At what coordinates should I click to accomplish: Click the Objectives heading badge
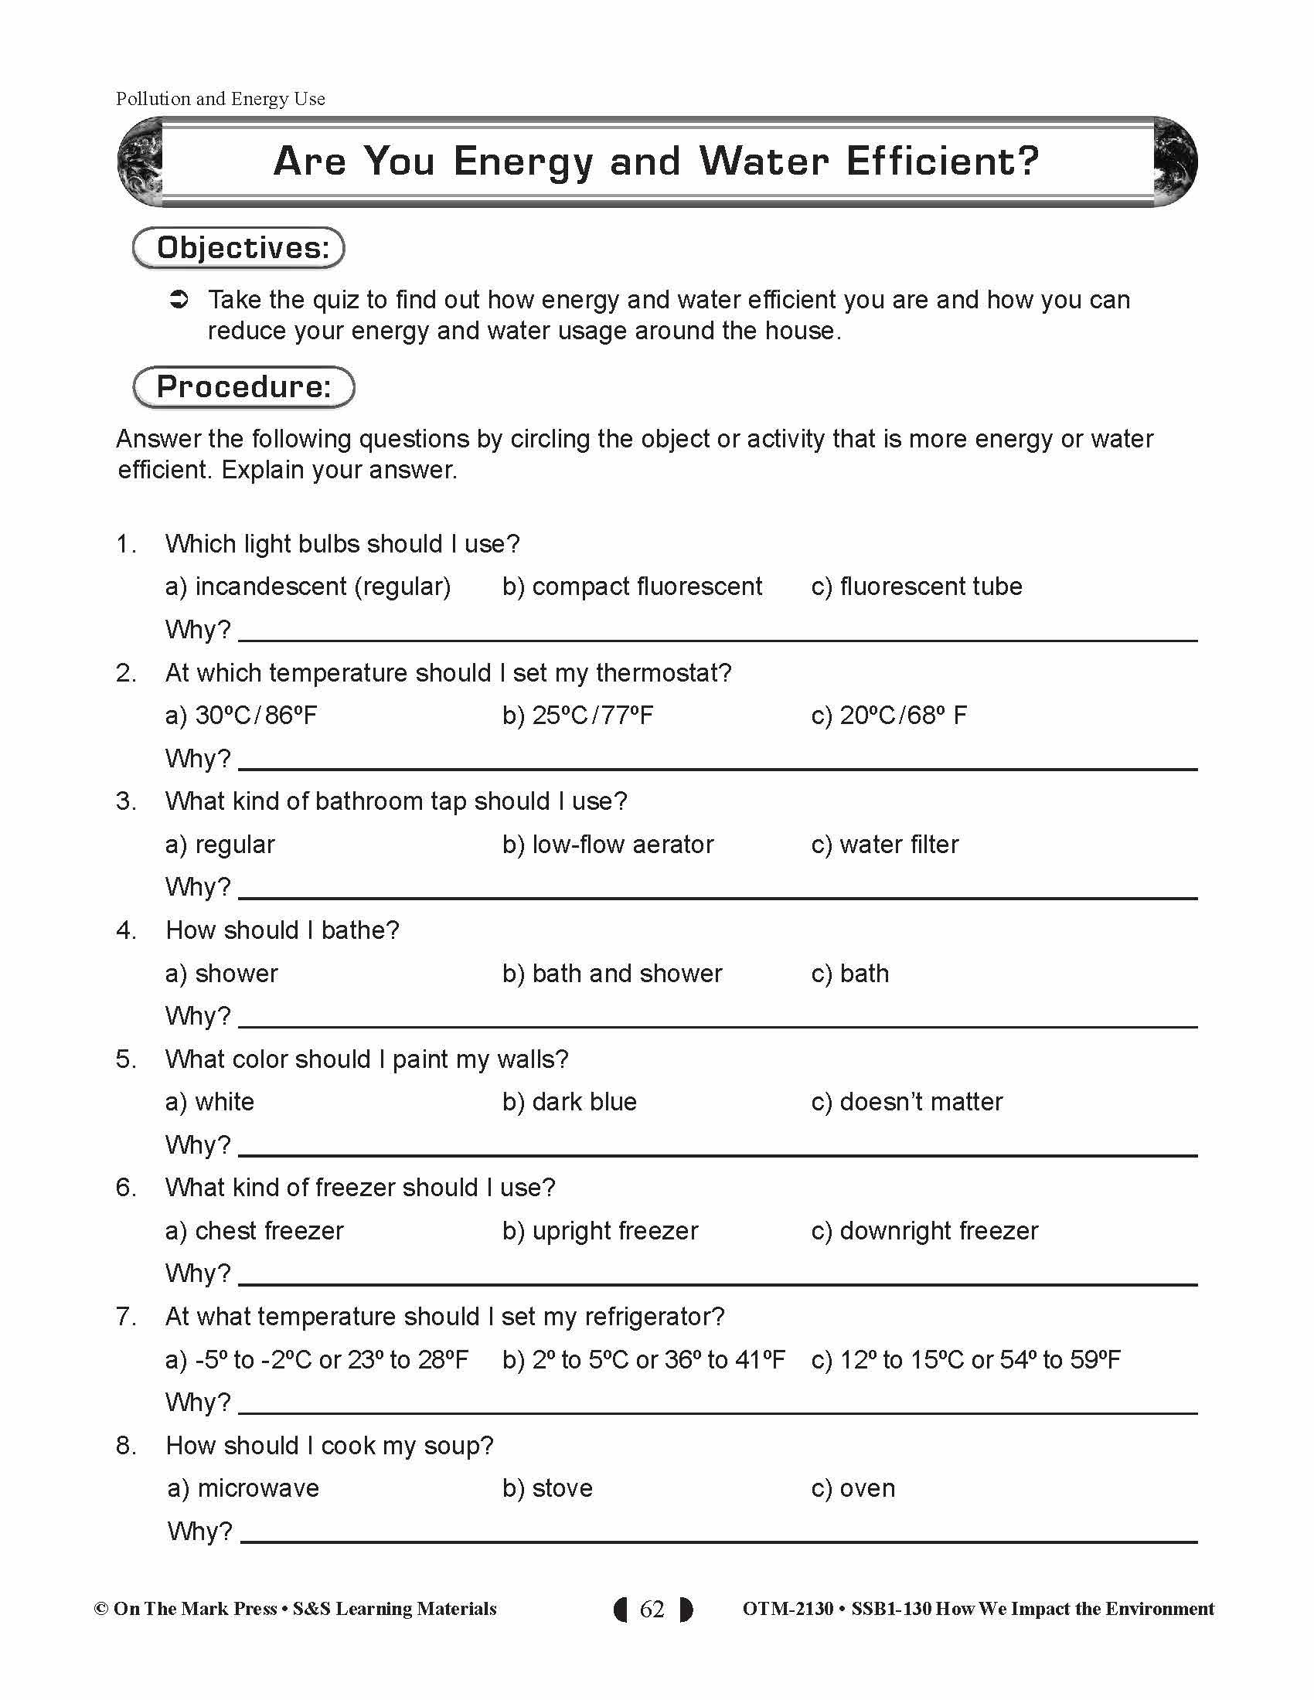(238, 247)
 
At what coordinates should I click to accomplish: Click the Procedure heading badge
(243, 387)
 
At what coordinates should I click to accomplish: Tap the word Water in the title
(764, 162)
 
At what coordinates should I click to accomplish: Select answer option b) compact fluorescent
(632, 586)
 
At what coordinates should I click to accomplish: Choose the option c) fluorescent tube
(916, 586)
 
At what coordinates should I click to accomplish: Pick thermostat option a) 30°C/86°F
(240, 716)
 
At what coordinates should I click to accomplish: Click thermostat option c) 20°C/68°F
(888, 716)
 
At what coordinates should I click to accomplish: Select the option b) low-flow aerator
(608, 845)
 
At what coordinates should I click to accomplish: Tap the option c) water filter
(884, 845)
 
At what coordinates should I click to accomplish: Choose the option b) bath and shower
(612, 974)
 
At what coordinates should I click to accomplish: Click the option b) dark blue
(569, 1102)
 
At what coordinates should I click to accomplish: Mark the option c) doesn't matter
(906, 1102)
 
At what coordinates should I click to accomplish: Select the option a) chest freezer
(254, 1231)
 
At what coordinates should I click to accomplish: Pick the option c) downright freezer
(924, 1231)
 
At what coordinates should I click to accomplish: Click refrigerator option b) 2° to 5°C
(643, 1360)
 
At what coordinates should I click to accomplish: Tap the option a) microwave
(243, 1488)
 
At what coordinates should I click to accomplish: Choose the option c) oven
(853, 1488)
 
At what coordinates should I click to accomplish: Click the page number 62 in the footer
(652, 1609)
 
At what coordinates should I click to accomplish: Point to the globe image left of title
(141, 162)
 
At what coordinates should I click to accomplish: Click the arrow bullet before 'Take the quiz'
(179, 300)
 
